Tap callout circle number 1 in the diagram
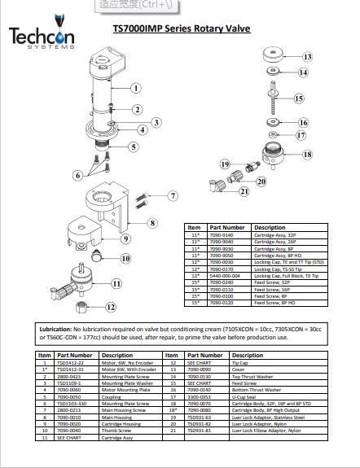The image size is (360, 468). (136, 88)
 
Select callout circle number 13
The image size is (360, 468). (307, 58)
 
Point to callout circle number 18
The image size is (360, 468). (306, 153)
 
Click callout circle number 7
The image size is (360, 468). (173, 196)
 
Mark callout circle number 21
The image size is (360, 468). (242, 192)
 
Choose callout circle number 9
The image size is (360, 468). (126, 239)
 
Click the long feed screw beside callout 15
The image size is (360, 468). (276, 99)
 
